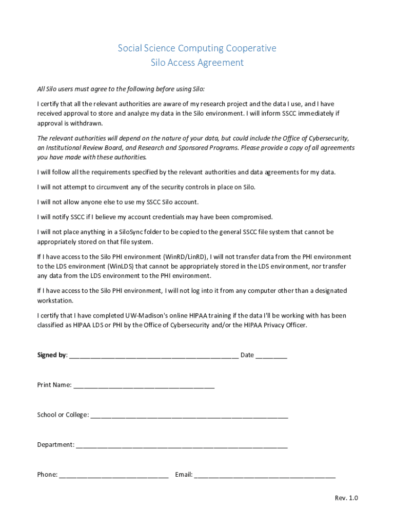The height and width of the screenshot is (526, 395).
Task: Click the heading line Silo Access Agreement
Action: (197, 63)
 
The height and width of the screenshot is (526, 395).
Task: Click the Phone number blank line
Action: (114, 475)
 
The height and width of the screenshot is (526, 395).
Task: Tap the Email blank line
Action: (265, 475)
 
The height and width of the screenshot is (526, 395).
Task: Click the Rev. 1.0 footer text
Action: (346, 498)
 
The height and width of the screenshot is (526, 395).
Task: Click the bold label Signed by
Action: (52, 355)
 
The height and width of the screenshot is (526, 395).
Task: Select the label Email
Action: (183, 474)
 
